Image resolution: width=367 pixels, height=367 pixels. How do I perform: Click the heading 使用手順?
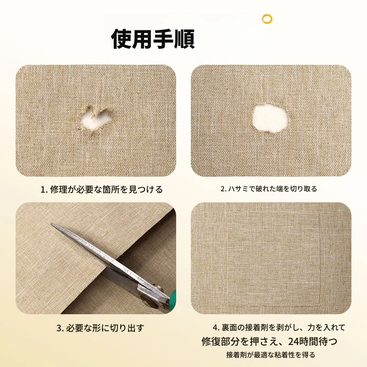tap(153, 39)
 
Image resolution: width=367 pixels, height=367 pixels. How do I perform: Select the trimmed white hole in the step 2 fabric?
tap(270, 119)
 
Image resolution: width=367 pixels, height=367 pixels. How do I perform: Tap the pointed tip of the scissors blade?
tap(51, 224)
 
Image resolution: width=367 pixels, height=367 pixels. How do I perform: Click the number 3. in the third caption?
tap(60, 328)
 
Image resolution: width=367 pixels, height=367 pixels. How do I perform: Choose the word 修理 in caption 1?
tap(59, 189)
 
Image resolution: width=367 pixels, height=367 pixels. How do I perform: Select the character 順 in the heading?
tap(185, 39)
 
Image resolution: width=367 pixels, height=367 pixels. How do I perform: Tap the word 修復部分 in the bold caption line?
tap(221, 341)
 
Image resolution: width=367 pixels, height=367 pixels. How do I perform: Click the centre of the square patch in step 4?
tap(274, 259)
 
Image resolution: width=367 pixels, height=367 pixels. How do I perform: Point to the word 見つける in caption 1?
tap(145, 189)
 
